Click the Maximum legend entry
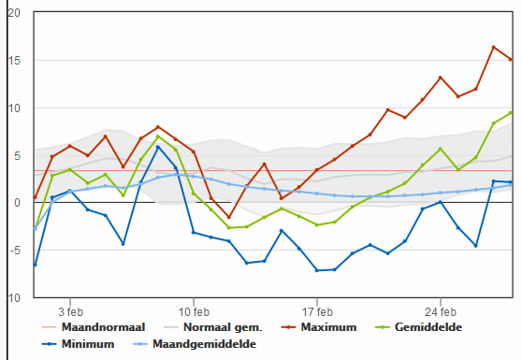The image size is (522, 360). (x=319, y=327)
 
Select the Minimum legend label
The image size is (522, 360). (x=79, y=344)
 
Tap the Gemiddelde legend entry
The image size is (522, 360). (x=419, y=327)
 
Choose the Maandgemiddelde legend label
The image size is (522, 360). (x=195, y=344)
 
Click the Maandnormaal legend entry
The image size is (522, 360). (x=94, y=327)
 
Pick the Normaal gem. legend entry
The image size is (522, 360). (x=213, y=327)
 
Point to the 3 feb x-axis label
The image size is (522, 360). (x=70, y=312)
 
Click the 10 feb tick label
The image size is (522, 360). (x=194, y=312)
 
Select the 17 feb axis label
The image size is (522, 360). (x=317, y=312)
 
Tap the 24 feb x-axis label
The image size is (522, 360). (x=441, y=312)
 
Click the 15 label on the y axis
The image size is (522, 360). (x=14, y=61)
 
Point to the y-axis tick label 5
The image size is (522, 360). (x=17, y=156)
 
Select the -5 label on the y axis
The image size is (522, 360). (x=14, y=251)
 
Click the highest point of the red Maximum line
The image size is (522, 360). (x=493, y=48)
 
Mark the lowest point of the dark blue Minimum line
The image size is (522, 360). (x=317, y=270)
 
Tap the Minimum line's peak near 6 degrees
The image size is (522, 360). (x=158, y=147)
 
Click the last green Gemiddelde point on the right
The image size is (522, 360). (x=511, y=113)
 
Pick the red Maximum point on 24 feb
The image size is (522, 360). (x=440, y=78)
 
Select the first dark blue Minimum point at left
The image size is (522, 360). (x=35, y=265)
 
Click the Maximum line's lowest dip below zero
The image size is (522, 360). (x=228, y=217)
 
